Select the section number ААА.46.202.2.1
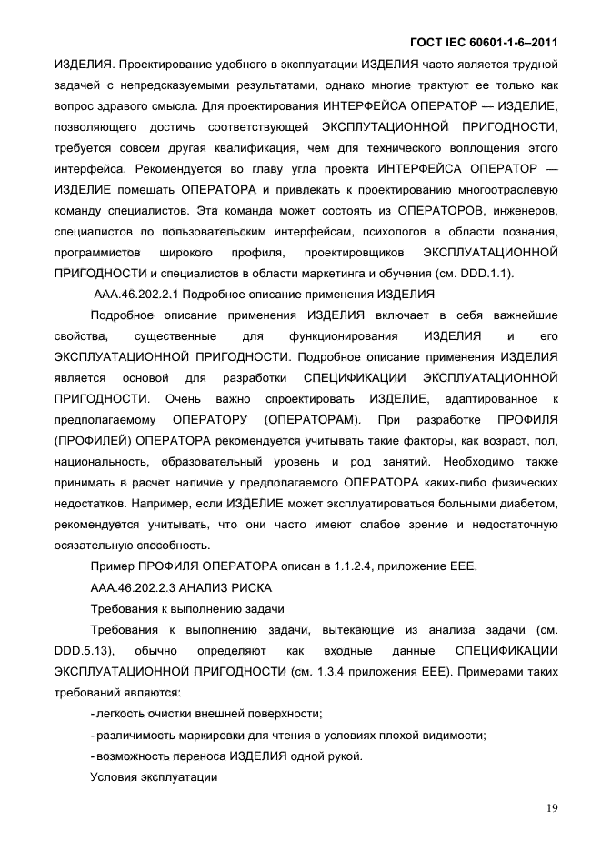tap(137, 294)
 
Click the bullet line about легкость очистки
tap(207, 713)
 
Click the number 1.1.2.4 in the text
tap(345, 566)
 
